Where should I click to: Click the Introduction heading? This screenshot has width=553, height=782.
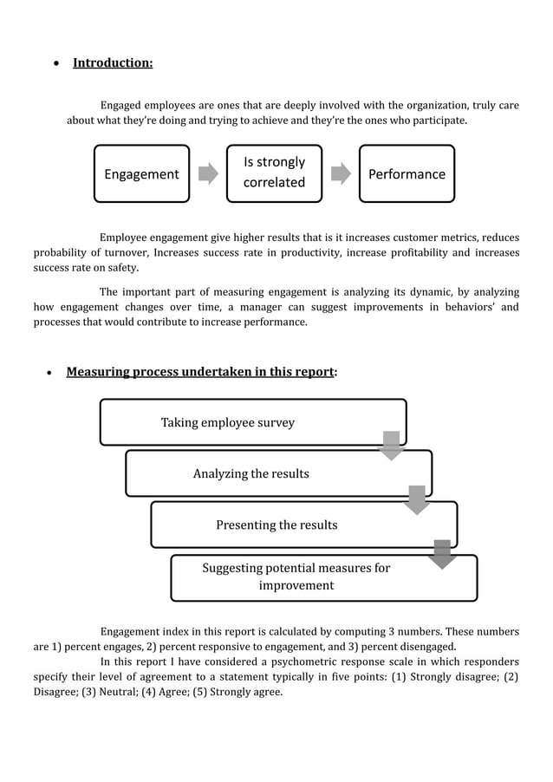point(113,63)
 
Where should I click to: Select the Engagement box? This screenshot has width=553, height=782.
point(141,173)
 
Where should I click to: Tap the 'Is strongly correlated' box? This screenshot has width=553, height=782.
point(274,173)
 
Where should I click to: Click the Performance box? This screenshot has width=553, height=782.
point(407,173)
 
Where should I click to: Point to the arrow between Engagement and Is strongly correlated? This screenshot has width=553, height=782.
point(208,173)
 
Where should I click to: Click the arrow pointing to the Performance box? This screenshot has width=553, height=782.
point(341,173)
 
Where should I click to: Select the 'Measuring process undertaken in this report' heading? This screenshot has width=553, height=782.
point(200,372)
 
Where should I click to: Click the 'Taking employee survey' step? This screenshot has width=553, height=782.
point(228,422)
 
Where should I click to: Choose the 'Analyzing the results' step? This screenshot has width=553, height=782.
point(250,473)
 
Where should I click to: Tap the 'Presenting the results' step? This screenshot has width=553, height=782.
point(276,525)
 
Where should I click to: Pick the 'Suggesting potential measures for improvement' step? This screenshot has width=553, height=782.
point(296,577)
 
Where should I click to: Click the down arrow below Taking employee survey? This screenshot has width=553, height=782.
point(392,446)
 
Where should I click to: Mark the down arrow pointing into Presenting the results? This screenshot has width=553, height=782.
point(417,499)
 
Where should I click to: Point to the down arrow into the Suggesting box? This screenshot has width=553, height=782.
point(442,554)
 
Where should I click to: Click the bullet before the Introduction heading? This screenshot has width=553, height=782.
point(56,64)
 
